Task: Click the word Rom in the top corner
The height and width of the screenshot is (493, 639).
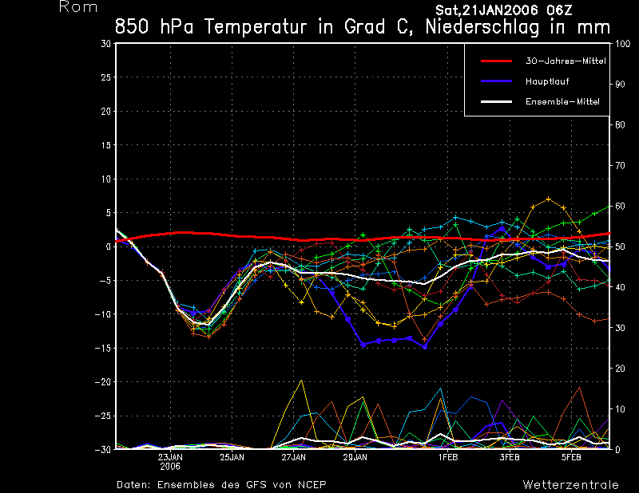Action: (78, 8)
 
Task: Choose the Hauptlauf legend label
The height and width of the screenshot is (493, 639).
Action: (547, 81)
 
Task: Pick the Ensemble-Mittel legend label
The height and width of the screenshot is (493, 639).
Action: (562, 101)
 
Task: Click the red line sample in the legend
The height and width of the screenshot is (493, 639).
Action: (495, 61)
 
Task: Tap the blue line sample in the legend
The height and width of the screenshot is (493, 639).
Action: (495, 81)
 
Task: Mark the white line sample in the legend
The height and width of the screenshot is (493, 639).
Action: (495, 101)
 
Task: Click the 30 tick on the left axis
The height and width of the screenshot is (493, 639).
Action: (105, 44)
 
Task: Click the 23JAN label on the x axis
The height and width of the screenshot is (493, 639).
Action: (171, 458)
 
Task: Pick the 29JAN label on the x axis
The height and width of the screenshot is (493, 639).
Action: (355, 458)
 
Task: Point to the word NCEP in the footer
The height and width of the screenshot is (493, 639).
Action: (312, 484)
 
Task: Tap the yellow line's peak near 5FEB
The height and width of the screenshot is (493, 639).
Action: (549, 199)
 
